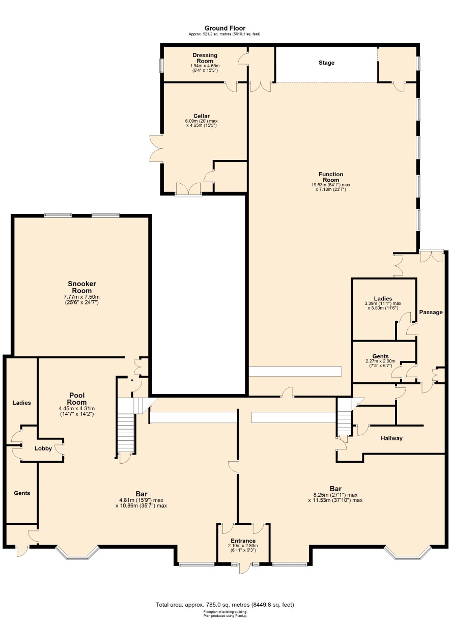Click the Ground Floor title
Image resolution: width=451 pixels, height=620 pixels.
pos(225,28)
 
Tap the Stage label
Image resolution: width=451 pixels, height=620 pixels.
pos(326,63)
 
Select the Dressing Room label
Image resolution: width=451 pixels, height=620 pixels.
pos(205,58)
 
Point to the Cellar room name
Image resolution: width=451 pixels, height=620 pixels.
pos(202,116)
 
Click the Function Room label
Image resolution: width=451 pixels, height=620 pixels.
pos(331,177)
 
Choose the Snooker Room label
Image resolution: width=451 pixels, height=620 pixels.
pos(82,287)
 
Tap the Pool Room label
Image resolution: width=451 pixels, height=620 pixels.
pos(78,399)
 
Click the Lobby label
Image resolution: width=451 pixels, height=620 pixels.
pos(43,448)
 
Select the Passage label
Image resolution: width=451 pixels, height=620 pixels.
pos(431,312)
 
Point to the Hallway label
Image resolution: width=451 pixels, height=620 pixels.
pos(391,438)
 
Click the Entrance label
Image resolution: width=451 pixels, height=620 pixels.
pos(243,541)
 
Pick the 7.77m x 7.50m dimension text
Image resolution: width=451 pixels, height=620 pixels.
pos(81,297)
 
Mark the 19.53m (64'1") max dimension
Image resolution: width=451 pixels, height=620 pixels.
pos(330,185)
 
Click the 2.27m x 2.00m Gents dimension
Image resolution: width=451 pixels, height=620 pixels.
pos(380,361)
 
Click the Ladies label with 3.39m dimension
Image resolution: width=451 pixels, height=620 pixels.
pos(383,299)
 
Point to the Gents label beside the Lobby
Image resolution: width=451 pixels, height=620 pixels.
pos(22,493)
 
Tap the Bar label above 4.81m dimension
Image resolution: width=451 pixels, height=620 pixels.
pos(142,494)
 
